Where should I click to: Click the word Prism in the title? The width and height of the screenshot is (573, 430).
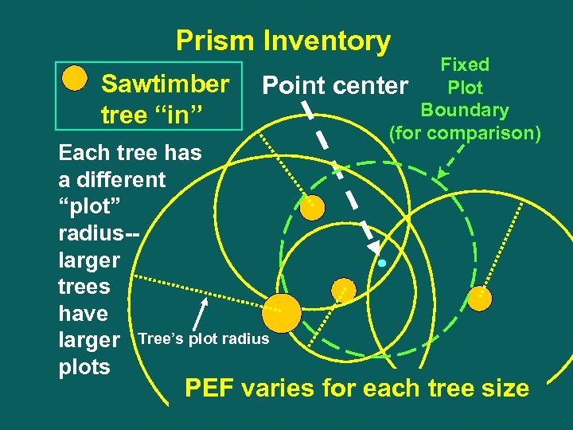216,41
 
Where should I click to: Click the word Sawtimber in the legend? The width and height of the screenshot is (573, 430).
166,84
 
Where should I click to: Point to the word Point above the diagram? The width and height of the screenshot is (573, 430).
294,84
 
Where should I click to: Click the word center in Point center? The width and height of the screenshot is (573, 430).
369,85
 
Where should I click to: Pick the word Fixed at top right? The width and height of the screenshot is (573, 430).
465,64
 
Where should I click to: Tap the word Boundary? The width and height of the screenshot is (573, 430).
465,110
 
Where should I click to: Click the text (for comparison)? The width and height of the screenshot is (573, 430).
465,131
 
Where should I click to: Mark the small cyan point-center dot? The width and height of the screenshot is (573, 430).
382,263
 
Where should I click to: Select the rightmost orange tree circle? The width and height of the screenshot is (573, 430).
480,299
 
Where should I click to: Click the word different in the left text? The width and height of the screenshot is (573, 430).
114,179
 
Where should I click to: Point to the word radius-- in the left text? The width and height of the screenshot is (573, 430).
99,233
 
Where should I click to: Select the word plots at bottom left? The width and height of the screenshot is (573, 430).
84,368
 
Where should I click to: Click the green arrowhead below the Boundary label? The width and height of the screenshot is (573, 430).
442,173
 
